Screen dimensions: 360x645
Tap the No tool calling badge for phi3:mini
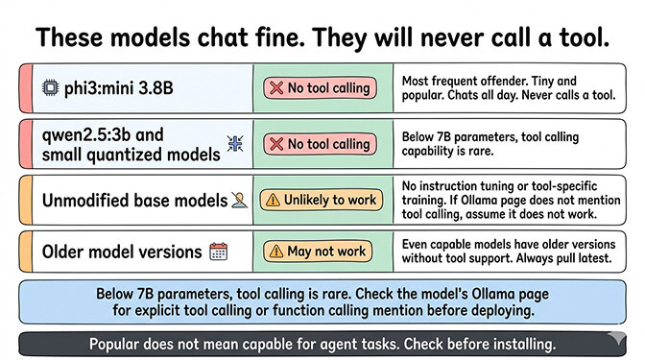pyautogui.click(x=322, y=88)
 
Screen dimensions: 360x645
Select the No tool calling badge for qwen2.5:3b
pyautogui.click(x=322, y=144)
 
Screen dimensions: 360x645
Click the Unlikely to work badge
pyautogui.click(x=322, y=200)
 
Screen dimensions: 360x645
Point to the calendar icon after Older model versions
pyautogui.click(x=218, y=252)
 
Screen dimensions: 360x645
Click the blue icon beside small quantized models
pyautogui.click(x=233, y=144)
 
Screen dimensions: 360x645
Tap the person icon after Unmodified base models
pyautogui.click(x=238, y=200)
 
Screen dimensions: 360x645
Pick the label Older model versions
pyautogui.click(x=121, y=252)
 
